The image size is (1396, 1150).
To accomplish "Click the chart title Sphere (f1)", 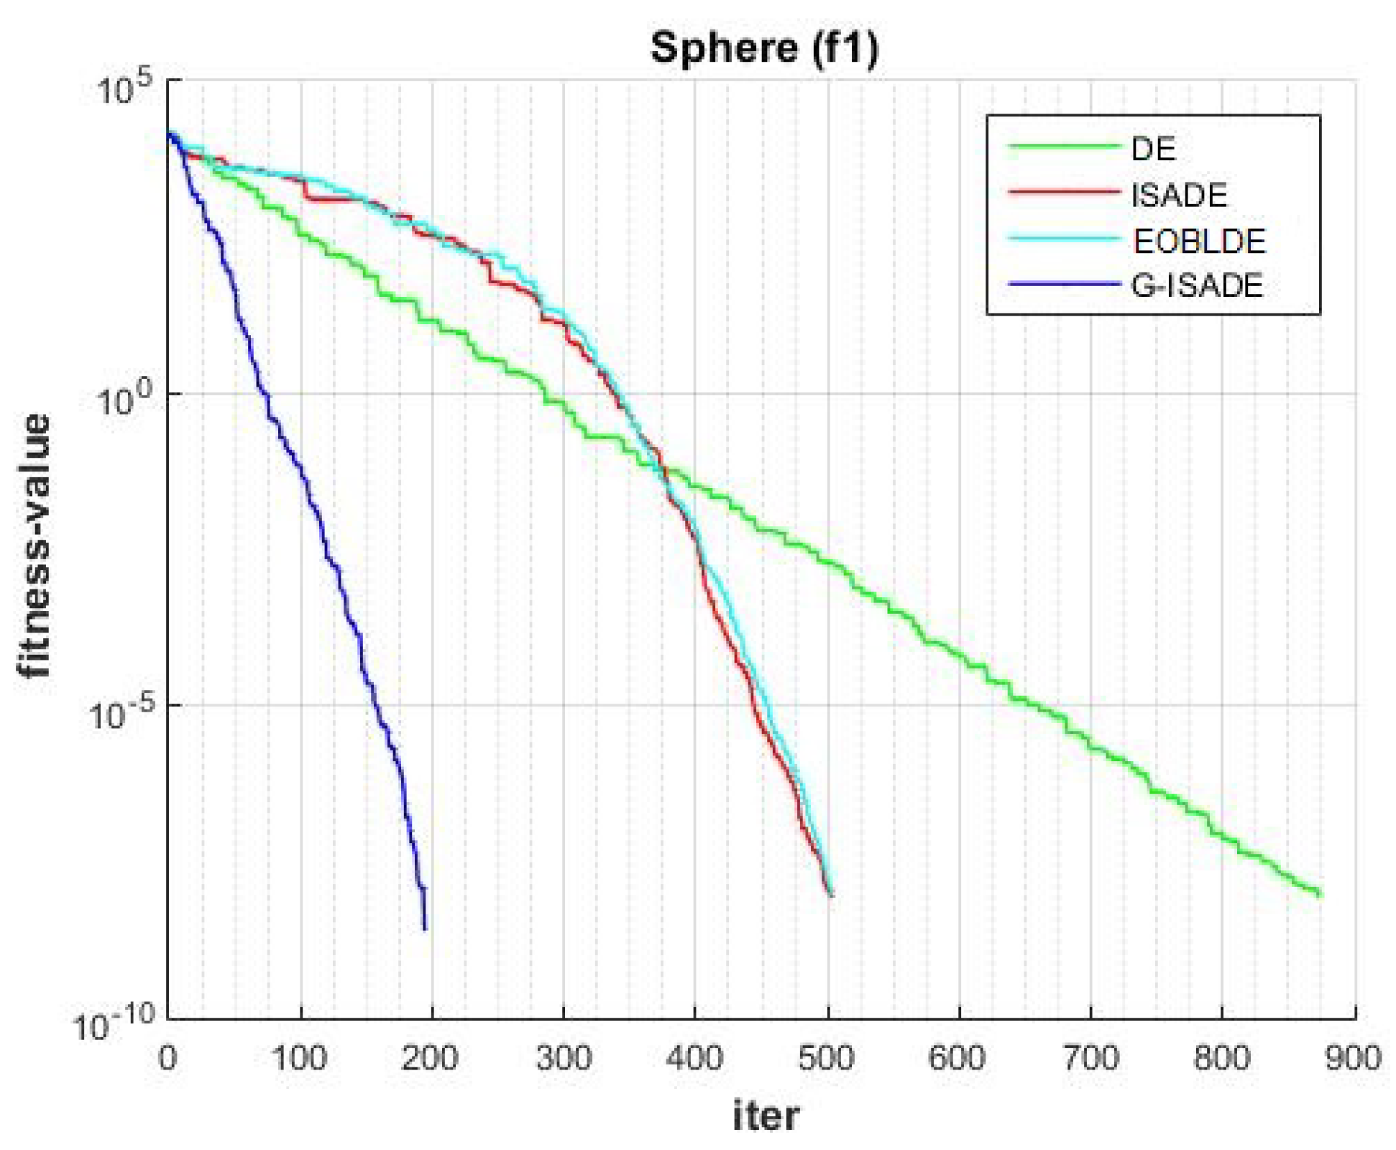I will click(x=764, y=48).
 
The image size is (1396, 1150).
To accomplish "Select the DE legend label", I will click(x=1153, y=149).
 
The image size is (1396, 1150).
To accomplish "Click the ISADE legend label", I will click(x=1179, y=195).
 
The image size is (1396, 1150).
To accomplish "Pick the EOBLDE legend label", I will click(x=1198, y=241).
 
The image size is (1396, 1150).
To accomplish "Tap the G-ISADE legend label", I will click(x=1196, y=286).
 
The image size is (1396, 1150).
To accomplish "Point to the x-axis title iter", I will click(x=766, y=1116).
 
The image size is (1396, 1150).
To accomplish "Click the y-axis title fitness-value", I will click(x=34, y=546).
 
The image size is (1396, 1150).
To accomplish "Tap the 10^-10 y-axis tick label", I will click(x=115, y=1023).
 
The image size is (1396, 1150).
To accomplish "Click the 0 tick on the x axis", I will click(x=167, y=1059).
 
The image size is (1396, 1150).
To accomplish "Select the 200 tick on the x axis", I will click(x=430, y=1059).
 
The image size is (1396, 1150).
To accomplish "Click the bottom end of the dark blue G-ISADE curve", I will click(x=425, y=929).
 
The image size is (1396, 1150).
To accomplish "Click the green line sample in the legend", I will click(x=1064, y=147).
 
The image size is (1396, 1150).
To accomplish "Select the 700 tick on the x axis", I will click(x=1090, y=1059).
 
